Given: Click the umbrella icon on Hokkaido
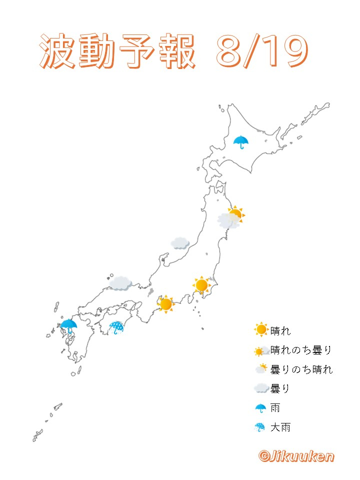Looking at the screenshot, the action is click(241, 141).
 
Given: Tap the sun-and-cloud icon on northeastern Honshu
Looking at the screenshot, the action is click(230, 217).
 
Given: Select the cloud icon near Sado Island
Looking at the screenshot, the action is click(179, 243).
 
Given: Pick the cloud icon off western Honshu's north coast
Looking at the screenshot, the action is click(120, 283).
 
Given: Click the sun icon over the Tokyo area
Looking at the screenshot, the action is click(201, 285).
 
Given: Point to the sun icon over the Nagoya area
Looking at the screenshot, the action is click(165, 303).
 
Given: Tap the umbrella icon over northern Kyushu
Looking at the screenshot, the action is click(69, 325).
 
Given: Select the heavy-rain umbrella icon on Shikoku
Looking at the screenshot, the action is click(116, 327).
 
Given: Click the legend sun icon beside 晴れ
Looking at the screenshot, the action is click(261, 330).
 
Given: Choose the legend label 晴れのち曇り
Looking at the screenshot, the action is click(301, 350).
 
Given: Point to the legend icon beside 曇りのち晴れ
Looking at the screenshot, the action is click(261, 369).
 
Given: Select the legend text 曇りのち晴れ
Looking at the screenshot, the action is click(301, 369).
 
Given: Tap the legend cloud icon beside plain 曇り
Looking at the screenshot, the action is click(261, 388).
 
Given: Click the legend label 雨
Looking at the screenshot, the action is click(275, 408).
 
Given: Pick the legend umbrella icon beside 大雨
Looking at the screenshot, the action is click(260, 427).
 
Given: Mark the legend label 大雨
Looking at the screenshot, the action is click(280, 427).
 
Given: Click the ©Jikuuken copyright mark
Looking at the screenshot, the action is click(296, 456).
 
